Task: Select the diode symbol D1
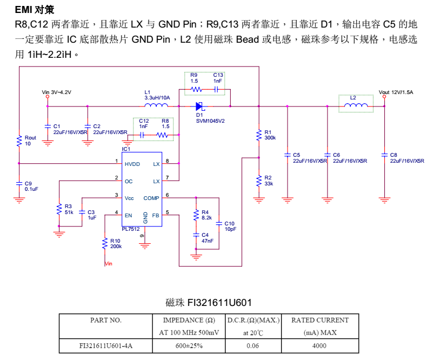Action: point(199,106)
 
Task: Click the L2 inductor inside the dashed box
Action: point(355,105)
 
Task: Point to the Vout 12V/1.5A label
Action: point(396,92)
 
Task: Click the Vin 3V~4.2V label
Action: point(57,92)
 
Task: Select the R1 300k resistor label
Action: point(270,135)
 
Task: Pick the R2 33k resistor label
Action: point(269,181)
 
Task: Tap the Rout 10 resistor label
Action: point(30,141)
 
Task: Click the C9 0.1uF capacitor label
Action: point(31,186)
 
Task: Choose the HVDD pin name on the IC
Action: point(132,164)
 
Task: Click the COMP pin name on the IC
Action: point(151,198)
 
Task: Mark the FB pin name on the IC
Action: point(156,215)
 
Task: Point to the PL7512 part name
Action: point(130,229)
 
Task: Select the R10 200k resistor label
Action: point(115,243)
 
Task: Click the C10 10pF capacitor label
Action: point(230,226)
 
